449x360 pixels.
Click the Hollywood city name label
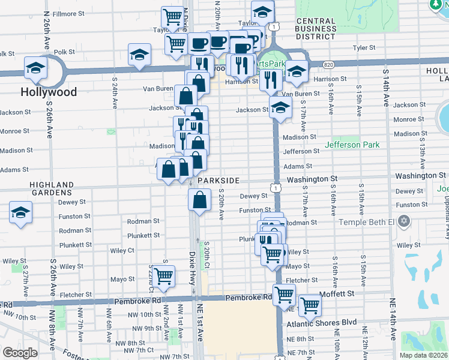click(49, 92)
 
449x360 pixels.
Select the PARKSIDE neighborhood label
click(217, 181)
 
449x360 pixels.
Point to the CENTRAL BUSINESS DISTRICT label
click(316, 29)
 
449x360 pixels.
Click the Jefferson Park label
click(352, 145)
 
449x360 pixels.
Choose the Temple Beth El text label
click(369, 222)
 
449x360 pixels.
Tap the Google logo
click(20, 353)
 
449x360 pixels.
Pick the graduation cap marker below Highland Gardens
click(20, 213)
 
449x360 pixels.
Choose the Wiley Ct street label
click(122, 250)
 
